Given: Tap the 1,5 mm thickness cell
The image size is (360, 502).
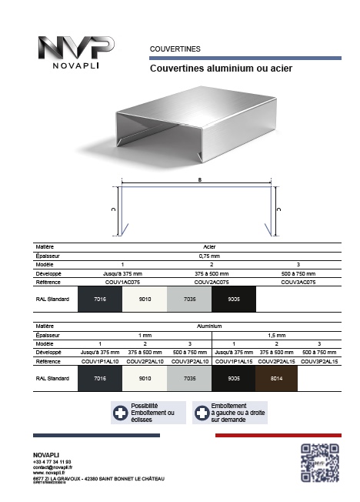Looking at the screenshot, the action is point(275,336).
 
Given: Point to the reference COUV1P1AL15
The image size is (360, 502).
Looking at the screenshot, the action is point(231,360).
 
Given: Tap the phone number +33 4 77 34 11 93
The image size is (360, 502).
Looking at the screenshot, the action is point(52,461).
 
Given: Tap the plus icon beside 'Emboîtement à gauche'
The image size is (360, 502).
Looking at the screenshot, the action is point(202,413).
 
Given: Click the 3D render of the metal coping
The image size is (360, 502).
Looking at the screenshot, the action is point(198,127).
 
